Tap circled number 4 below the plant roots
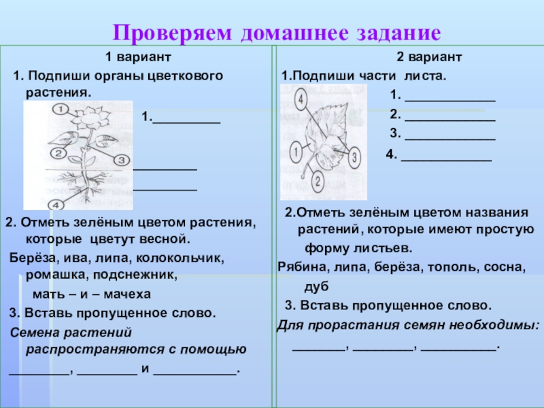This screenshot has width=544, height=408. (57, 204)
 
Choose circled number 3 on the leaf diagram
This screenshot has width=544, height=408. (355, 157)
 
